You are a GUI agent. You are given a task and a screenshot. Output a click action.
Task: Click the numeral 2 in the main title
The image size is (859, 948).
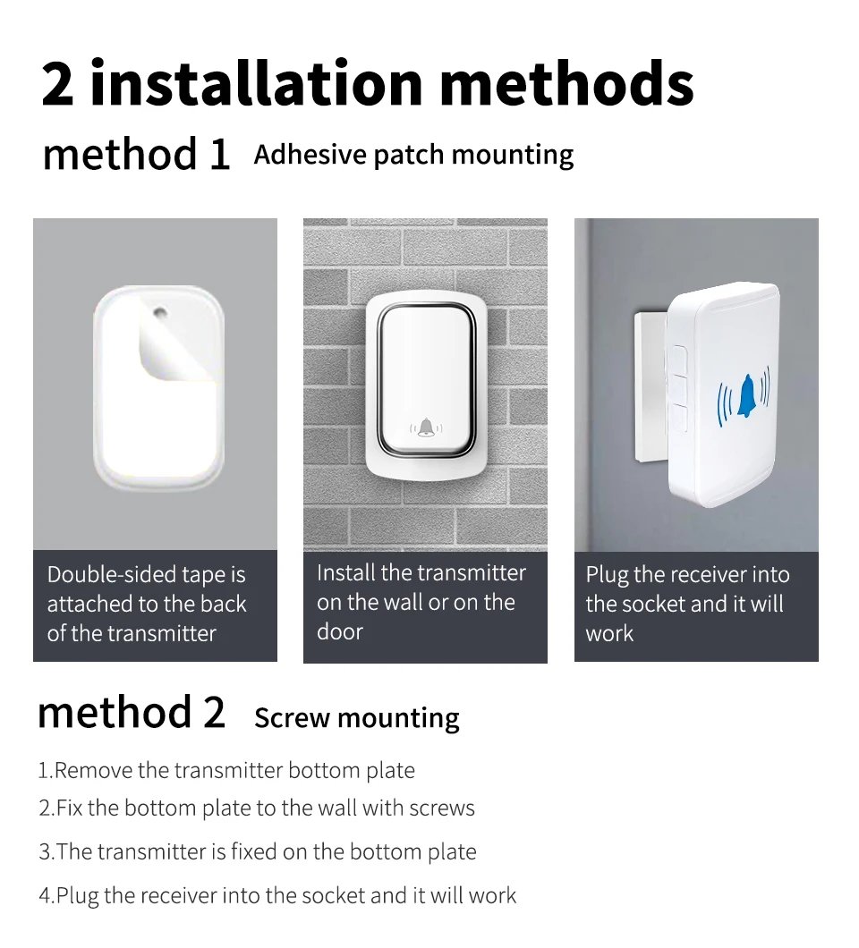click(x=58, y=84)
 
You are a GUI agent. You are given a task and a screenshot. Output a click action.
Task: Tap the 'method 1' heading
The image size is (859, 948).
click(x=136, y=154)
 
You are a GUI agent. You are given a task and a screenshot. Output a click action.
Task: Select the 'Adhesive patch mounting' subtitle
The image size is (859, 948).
click(x=413, y=155)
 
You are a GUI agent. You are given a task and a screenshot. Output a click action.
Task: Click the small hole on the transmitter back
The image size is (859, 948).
click(x=160, y=314)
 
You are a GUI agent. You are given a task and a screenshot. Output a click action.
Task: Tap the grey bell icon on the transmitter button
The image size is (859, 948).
click(x=426, y=428)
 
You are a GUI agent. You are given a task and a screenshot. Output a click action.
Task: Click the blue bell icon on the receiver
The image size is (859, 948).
click(x=744, y=396)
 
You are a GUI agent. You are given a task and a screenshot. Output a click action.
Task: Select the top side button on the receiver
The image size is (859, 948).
click(x=677, y=362)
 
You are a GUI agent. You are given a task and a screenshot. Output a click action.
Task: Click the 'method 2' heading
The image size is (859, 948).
click(x=132, y=713)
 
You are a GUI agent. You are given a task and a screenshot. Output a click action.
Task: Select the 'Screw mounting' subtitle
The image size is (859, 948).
click(x=356, y=718)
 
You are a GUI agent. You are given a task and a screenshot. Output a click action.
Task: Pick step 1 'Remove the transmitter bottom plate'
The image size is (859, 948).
click(x=226, y=770)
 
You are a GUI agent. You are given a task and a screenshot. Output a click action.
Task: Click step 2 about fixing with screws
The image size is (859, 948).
click(x=256, y=808)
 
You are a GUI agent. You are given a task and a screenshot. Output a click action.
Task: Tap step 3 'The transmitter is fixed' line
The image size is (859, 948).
click(x=257, y=851)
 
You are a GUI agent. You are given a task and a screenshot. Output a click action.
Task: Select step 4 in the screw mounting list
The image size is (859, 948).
click(x=277, y=894)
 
